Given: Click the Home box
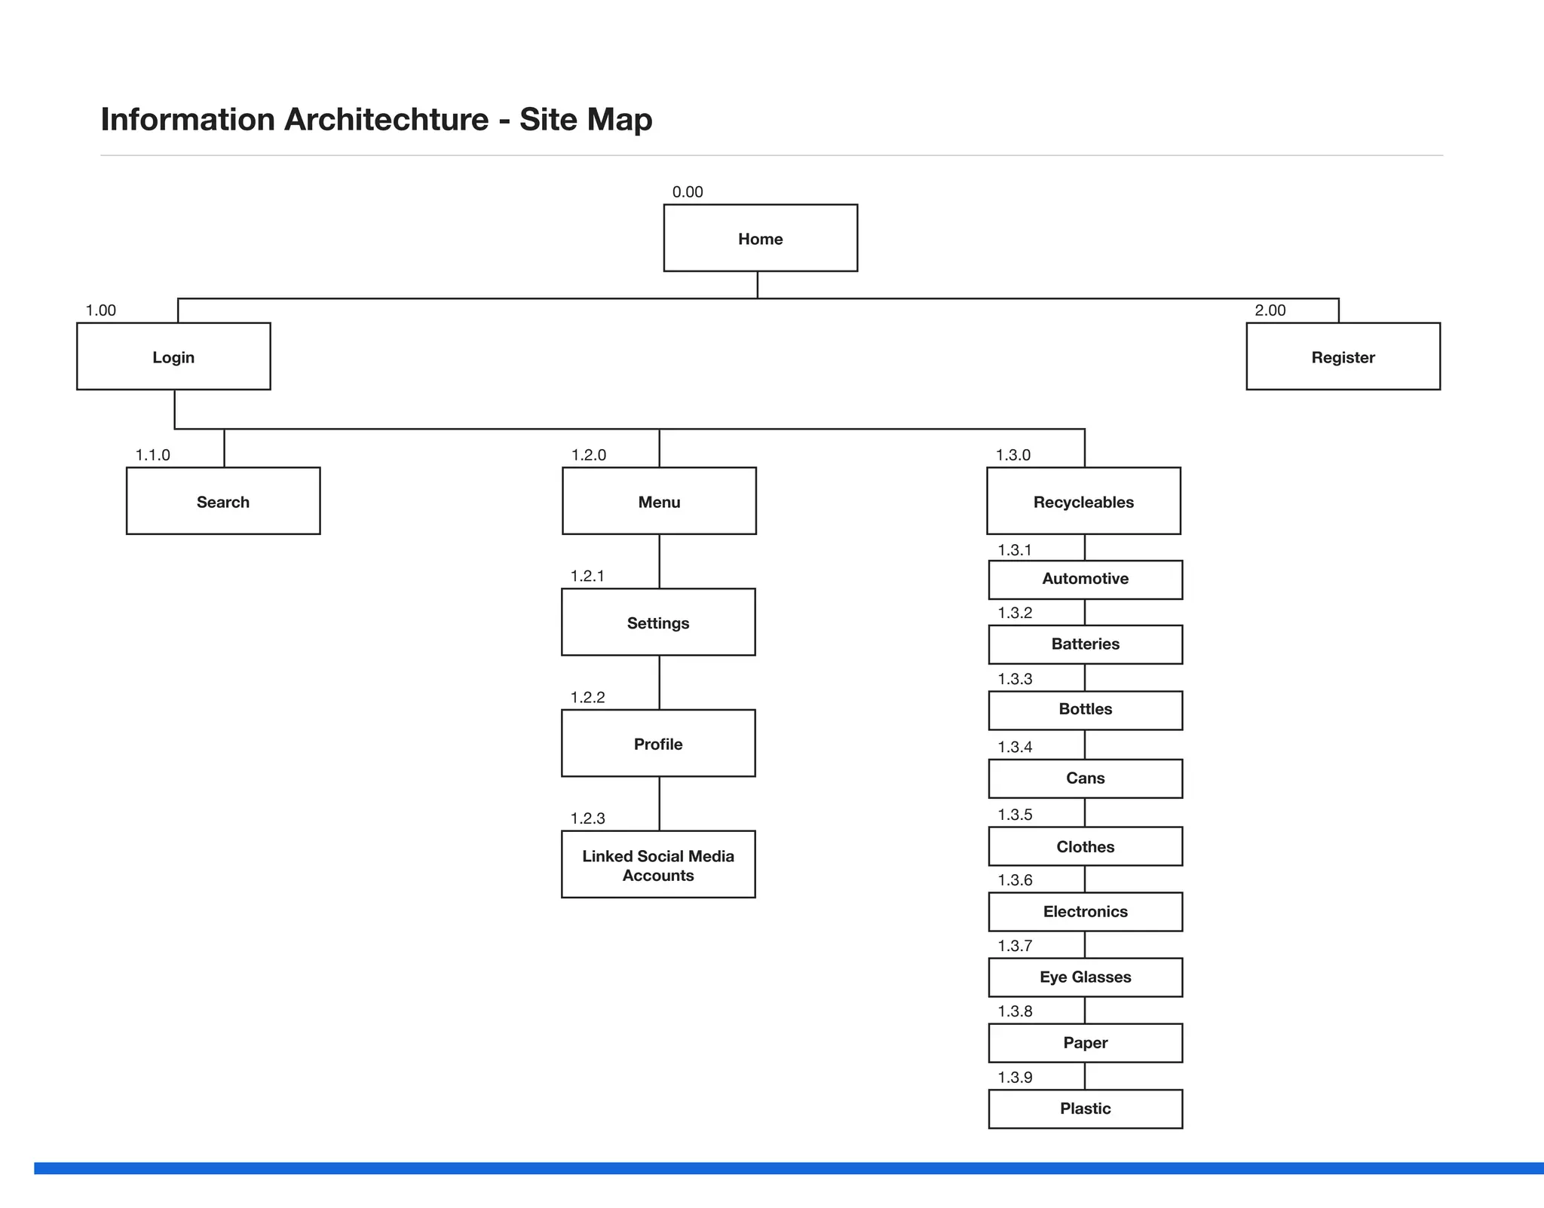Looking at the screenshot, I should coord(760,238).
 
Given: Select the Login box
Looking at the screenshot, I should coord(173,356).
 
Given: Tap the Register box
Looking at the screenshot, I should coord(1343,356).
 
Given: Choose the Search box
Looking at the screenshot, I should coord(223,501).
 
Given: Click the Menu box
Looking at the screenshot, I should coord(659,501).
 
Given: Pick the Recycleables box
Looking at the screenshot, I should coord(1083,501).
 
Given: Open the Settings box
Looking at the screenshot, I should coord(658,622).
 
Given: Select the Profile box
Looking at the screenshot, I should coord(658,744).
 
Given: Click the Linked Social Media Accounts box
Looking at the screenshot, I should coord(658,864).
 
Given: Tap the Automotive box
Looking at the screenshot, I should coord(1085,580).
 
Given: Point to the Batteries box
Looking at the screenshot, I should coord(1085,644).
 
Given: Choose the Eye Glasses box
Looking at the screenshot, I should coord(1085,977).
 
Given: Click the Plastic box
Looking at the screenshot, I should coord(1085,1109).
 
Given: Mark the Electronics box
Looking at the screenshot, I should coord(1085,912).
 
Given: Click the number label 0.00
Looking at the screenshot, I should coord(688,192).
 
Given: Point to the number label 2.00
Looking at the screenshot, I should coord(1270,310).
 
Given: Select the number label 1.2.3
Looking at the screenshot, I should coord(587,818).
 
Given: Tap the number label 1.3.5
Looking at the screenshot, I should coord(1015,815).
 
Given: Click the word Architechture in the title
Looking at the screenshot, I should coord(386,120).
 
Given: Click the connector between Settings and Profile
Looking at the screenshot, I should coord(660,682).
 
